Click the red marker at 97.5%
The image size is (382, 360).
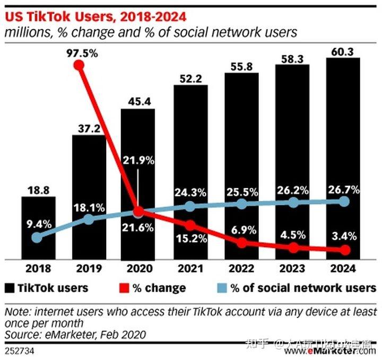click(79, 65)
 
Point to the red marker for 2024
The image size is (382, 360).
click(344, 250)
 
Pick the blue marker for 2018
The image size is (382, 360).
click(36, 238)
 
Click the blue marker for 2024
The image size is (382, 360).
click(344, 201)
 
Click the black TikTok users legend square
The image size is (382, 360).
click(9, 288)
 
